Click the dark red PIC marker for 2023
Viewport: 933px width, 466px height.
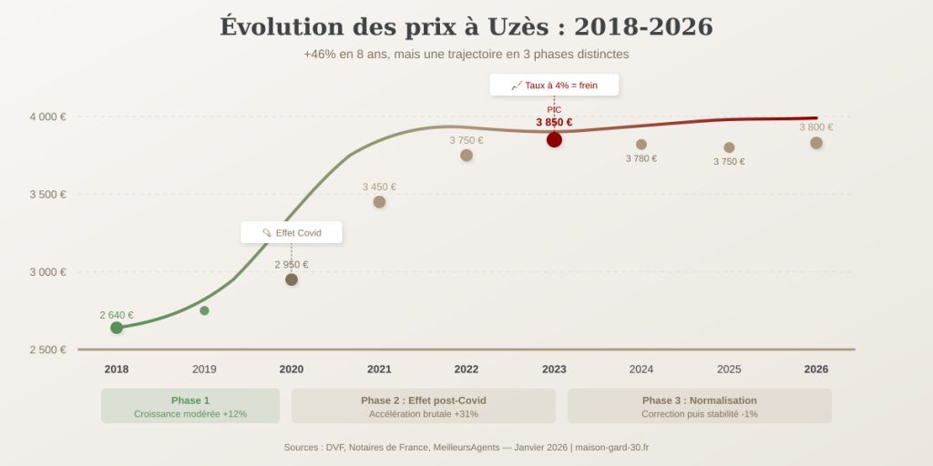554,139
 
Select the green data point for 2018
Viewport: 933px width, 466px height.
117,328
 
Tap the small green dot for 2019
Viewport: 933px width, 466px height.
204,311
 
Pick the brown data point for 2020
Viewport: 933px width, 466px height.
292,279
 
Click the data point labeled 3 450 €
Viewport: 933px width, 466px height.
379,202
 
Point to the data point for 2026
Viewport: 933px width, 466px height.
816,143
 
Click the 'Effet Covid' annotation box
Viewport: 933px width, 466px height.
292,233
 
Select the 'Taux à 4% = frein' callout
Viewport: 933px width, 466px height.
554,85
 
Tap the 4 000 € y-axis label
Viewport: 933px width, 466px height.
47,116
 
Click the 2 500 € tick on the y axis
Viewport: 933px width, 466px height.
47,349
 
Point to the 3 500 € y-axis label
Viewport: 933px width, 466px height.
47,194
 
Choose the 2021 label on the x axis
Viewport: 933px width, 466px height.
379,370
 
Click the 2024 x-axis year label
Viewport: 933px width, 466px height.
641,370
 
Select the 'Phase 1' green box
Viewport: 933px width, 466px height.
190,406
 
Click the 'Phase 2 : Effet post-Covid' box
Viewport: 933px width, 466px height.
424,406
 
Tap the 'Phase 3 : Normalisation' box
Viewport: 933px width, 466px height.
700,406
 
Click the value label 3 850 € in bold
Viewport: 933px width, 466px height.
554,122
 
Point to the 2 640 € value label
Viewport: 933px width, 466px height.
117,315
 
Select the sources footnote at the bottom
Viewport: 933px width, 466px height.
466,447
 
